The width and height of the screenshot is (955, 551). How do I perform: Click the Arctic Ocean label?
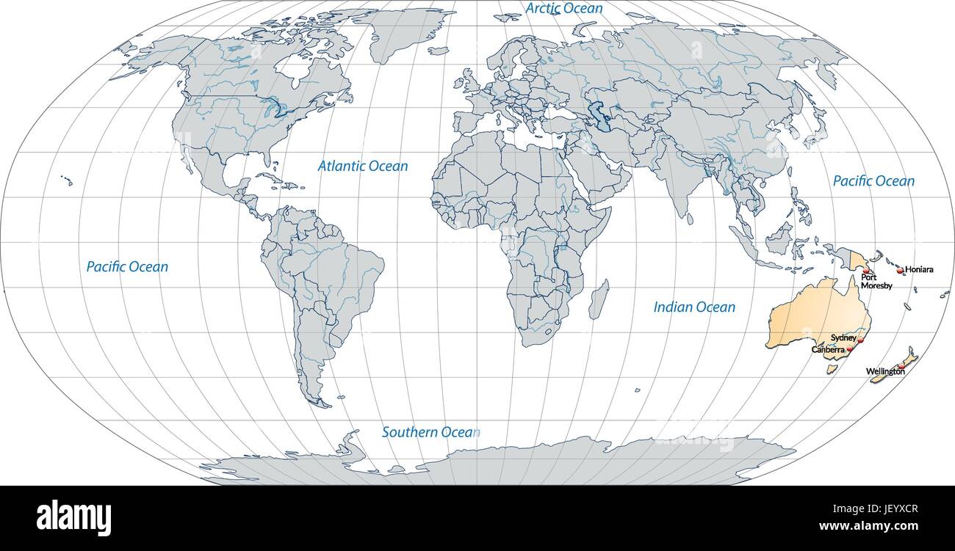(564, 9)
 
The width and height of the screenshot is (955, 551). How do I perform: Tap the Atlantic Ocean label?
(362, 167)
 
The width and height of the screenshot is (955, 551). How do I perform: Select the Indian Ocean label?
(694, 307)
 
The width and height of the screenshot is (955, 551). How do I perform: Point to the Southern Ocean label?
(430, 433)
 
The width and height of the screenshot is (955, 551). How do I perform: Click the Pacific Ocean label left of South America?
(127, 267)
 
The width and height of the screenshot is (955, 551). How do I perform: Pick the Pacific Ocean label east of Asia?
(873, 181)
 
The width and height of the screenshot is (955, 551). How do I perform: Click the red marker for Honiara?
(900, 271)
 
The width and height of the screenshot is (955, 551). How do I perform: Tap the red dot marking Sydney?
(861, 340)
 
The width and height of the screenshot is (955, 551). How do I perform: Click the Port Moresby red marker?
(865, 270)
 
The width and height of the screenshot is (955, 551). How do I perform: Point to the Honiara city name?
(919, 269)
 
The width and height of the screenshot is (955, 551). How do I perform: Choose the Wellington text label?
(884, 372)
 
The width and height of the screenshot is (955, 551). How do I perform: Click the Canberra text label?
(828, 350)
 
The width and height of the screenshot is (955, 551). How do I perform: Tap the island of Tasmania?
(832, 369)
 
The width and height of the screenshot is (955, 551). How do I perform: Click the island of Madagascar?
(599, 299)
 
